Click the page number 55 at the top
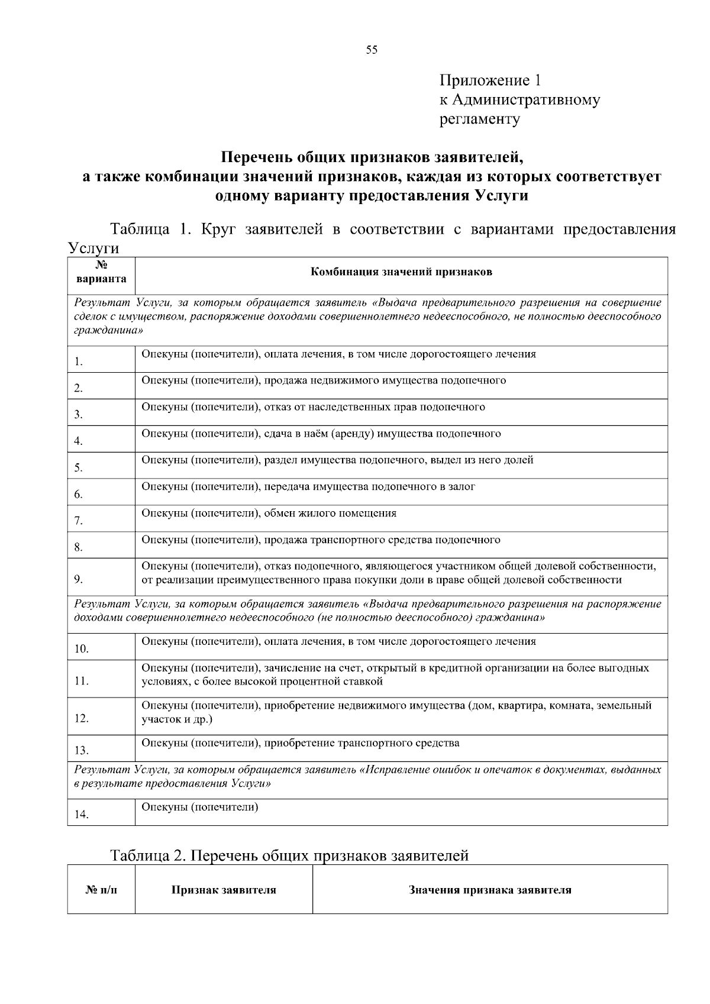[372, 50]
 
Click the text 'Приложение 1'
[490, 80]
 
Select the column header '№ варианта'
[101, 272]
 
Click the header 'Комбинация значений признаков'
[401, 272]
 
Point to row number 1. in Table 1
[79, 361]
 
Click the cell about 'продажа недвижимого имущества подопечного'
[324, 380]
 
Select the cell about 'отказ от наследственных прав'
[314, 407]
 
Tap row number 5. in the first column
[79, 468]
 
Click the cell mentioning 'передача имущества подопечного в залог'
[308, 486]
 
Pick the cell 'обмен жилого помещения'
[269, 513]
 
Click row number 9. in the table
[79, 579]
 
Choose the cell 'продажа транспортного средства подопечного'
[321, 540]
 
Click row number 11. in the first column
[81, 681]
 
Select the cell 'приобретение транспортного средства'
[301, 742]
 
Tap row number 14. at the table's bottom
[81, 815]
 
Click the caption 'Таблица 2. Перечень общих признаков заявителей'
[289, 856]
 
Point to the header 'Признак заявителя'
[224, 890]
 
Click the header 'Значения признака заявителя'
[490, 890]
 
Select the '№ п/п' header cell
[101, 890]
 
